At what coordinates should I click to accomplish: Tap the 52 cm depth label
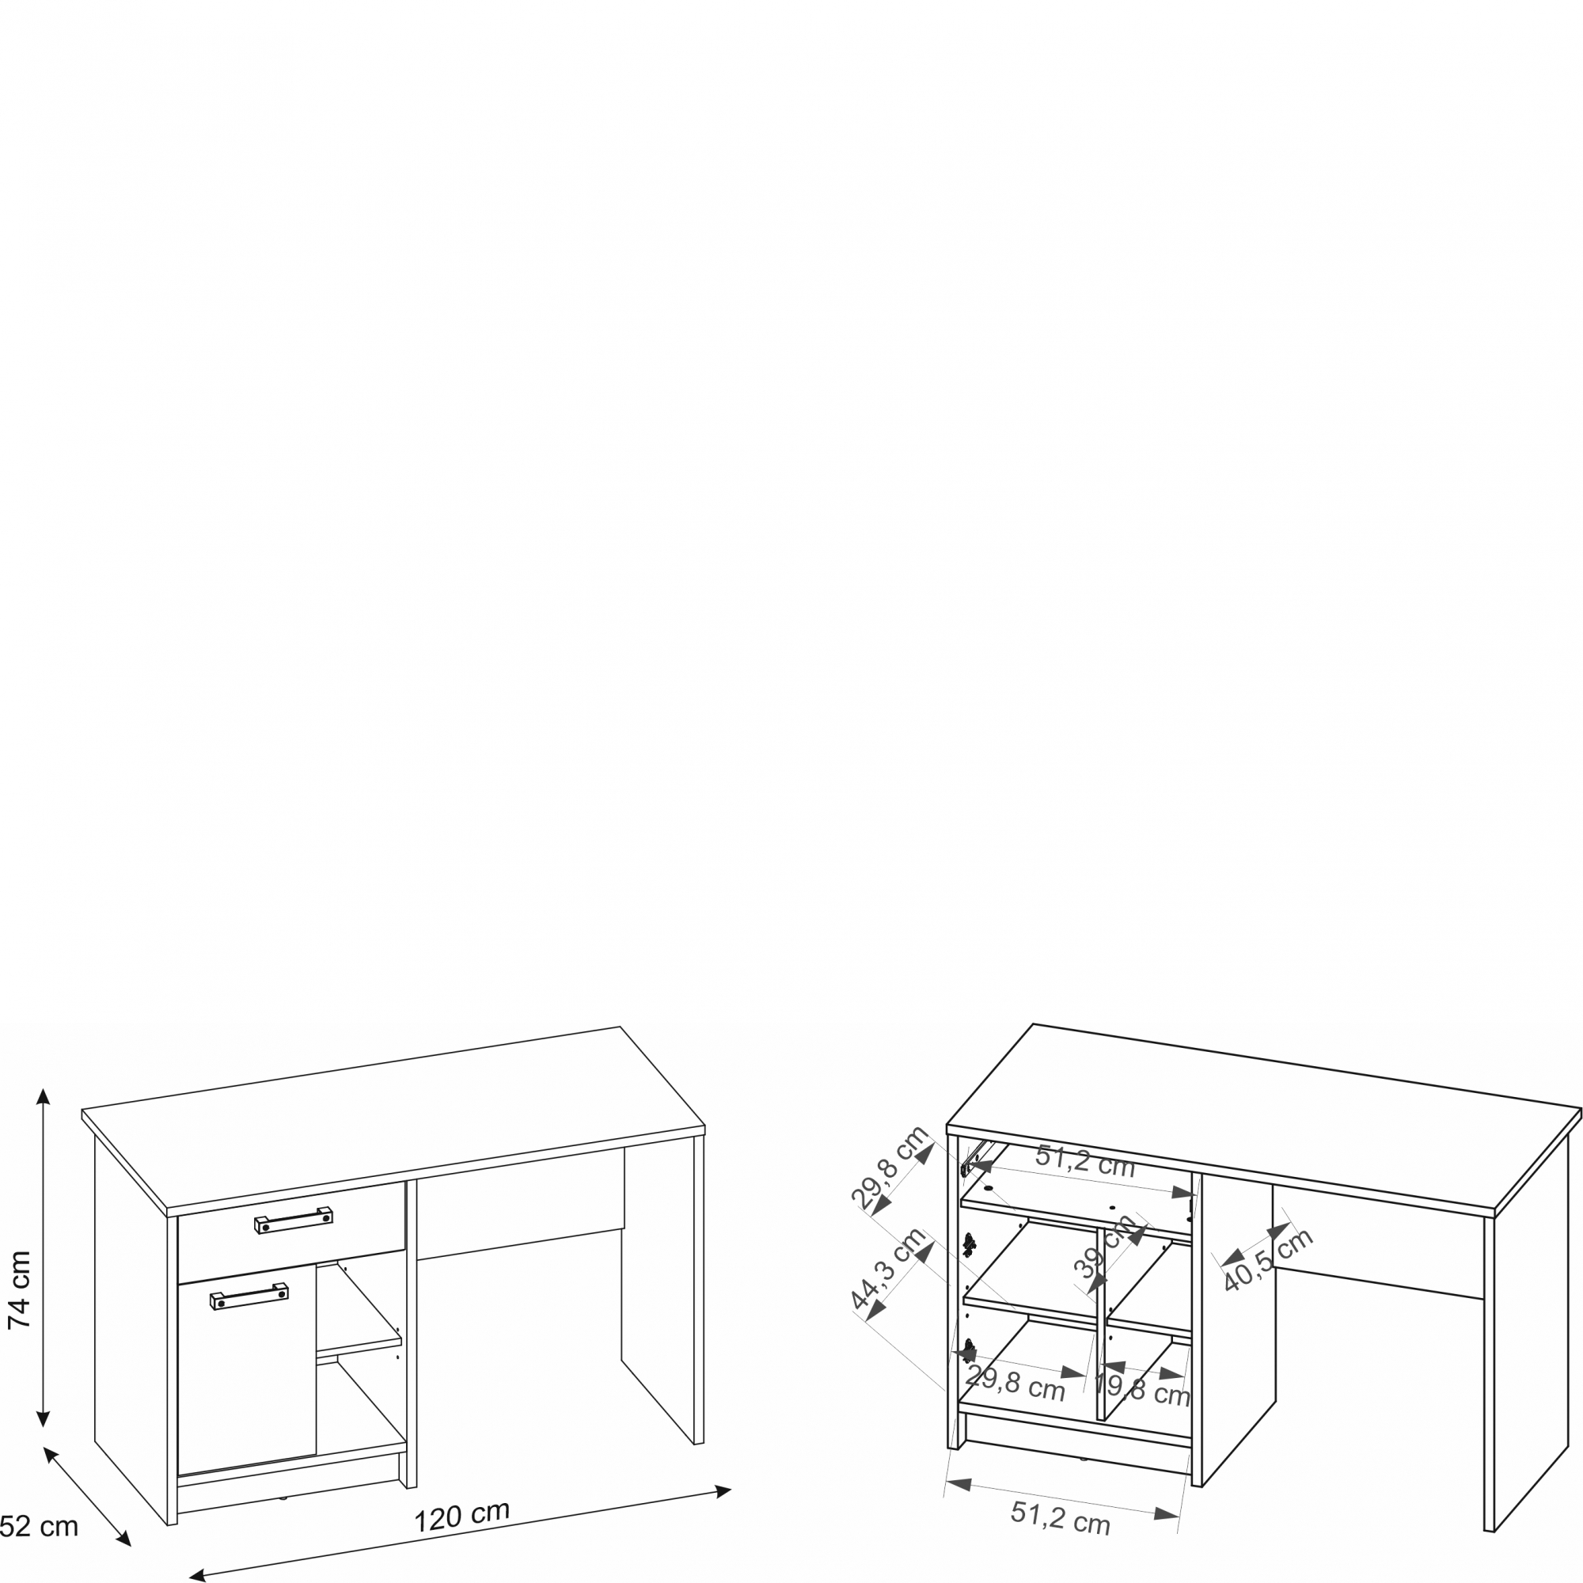[39, 1527]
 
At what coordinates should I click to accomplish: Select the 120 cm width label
[461, 1516]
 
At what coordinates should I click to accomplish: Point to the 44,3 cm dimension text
[888, 1270]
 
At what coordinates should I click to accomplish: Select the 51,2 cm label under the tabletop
[1085, 1161]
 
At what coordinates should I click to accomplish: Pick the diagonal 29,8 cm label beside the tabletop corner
[889, 1167]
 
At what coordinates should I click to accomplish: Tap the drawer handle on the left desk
[294, 1220]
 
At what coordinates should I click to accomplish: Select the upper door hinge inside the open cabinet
[970, 1244]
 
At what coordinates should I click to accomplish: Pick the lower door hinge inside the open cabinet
[970, 1349]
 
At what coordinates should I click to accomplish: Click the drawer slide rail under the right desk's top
[977, 1156]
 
